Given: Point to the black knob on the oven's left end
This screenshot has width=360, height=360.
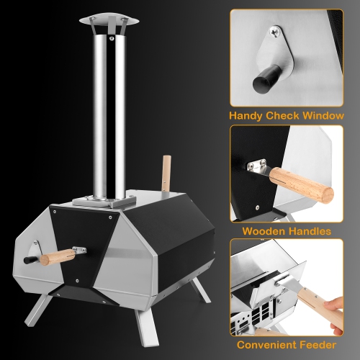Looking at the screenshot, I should pyautogui.click(x=29, y=257).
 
